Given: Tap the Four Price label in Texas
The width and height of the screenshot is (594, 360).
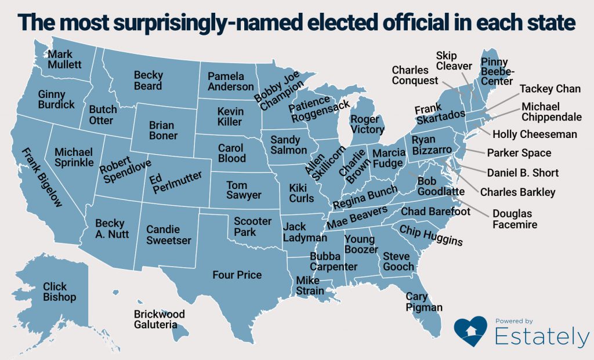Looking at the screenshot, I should tap(237, 275).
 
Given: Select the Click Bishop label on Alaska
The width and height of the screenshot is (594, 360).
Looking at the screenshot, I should tap(59, 292).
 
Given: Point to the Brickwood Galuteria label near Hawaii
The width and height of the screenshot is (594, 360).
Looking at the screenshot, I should tap(159, 319).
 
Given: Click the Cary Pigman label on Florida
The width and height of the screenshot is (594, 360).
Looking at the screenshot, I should tap(423, 302).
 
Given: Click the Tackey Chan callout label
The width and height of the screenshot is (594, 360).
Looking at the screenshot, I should tap(546, 89).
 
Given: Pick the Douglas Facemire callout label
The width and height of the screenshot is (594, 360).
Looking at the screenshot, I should tap(515, 219).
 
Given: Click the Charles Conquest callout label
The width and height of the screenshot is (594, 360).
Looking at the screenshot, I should tap(415, 75).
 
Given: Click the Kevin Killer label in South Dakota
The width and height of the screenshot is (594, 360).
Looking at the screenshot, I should tap(230, 117).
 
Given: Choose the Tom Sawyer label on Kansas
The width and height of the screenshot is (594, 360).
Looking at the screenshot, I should tap(244, 190).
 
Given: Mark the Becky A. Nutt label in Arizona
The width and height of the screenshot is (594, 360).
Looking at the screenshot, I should tap(113, 228).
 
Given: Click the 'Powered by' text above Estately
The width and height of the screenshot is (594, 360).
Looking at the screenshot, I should tap(514, 321).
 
